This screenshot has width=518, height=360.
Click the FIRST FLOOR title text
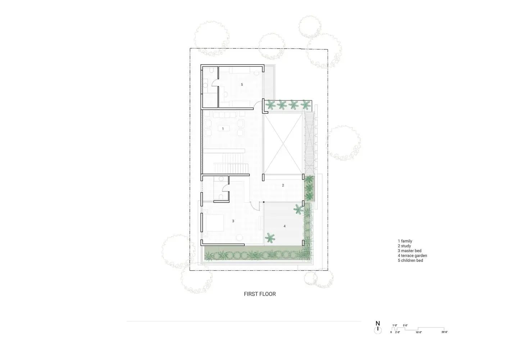(260, 294)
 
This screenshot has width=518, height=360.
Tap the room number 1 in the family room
(223, 129)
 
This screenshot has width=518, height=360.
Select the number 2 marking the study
(283, 185)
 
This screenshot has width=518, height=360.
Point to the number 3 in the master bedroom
(233, 221)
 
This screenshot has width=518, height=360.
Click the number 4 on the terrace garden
(285, 226)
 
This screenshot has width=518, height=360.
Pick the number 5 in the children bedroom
(242, 85)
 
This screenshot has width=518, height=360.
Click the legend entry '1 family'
(405, 241)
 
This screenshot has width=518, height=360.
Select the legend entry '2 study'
(404, 246)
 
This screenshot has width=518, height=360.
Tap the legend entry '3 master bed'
(409, 251)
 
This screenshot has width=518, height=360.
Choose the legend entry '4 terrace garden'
(412, 256)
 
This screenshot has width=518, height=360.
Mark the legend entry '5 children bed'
(410, 261)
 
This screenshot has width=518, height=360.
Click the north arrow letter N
(378, 323)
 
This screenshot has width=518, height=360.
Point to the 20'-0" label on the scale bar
(445, 332)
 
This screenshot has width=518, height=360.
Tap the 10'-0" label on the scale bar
(419, 332)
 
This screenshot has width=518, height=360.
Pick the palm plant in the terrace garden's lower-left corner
(270, 238)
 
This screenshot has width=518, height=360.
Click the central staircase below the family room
(232, 163)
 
